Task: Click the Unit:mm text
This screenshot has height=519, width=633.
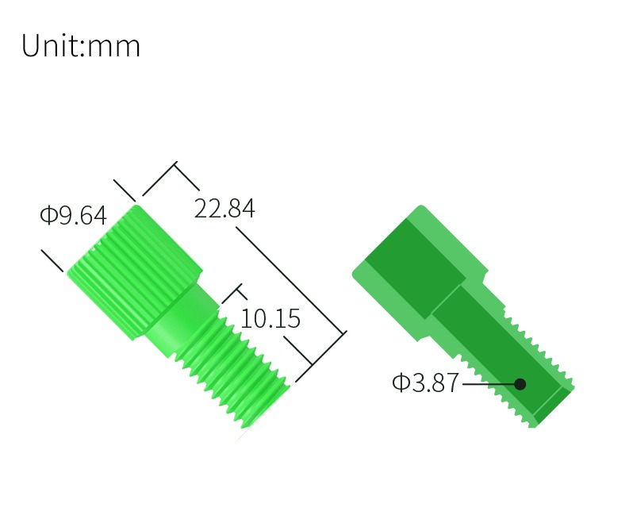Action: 81,45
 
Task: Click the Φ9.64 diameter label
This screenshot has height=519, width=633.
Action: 73,214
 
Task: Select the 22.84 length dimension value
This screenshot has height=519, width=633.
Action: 224,209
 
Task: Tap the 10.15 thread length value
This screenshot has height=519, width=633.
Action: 270,318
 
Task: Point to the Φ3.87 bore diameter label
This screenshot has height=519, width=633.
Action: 425,382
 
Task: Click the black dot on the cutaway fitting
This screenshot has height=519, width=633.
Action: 520,384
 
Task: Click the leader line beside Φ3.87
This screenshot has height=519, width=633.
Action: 489,384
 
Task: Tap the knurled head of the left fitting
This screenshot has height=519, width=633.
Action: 134,272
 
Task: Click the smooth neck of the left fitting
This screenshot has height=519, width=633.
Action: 182,319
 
